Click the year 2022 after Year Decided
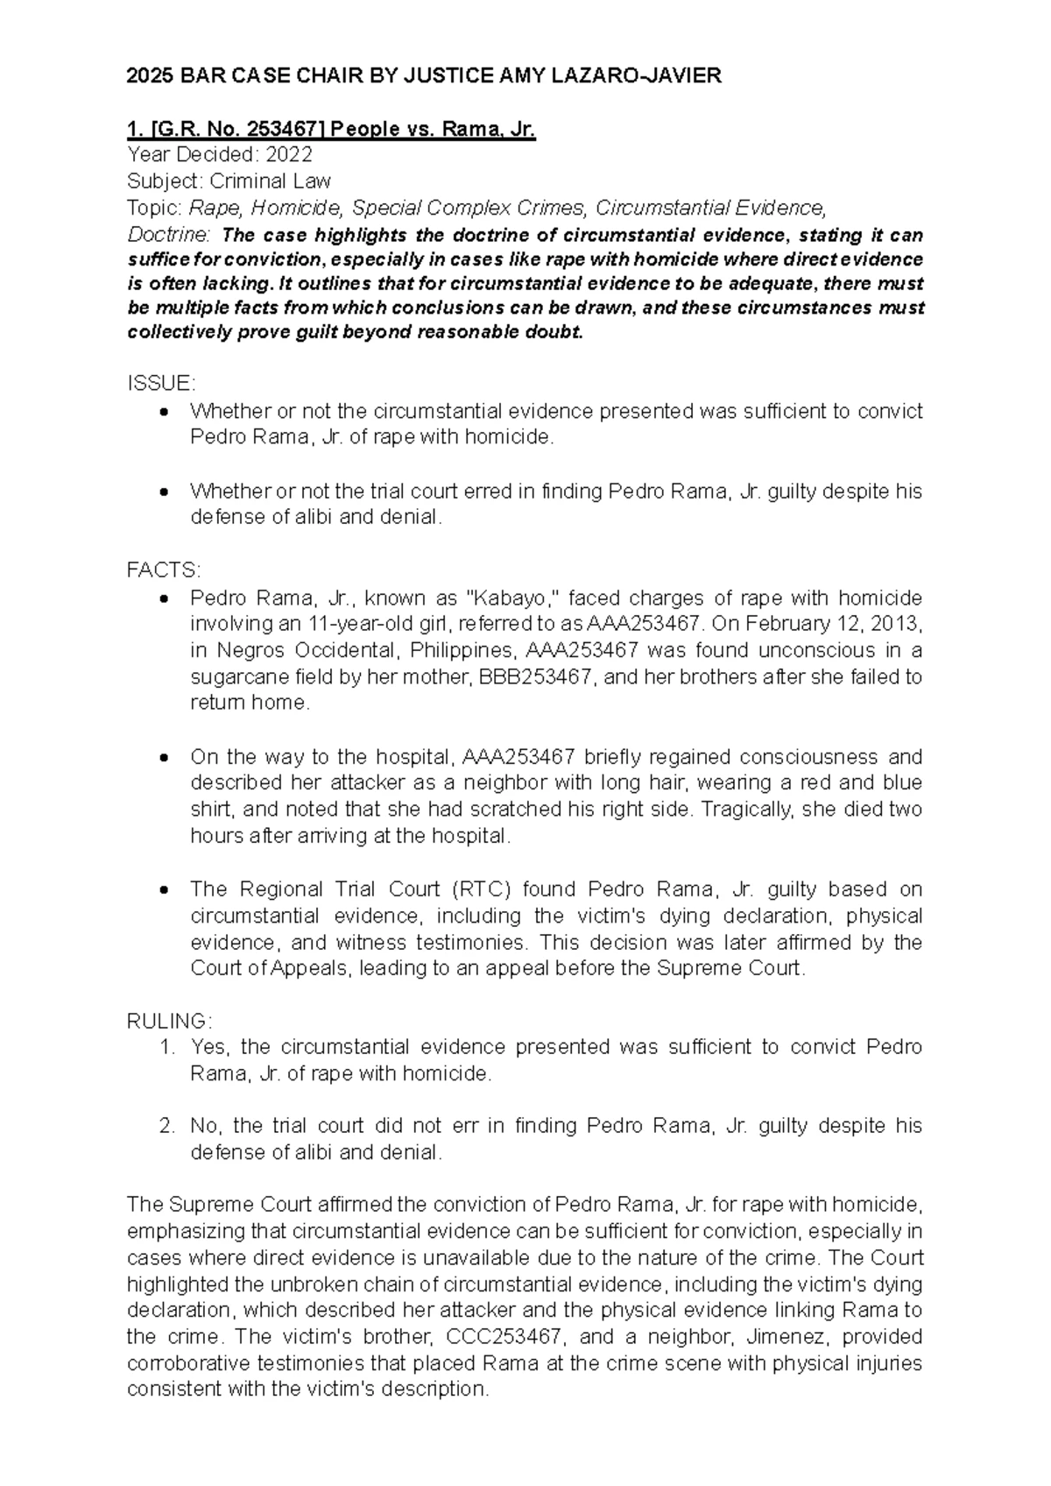pos(289,156)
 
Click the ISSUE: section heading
pos(162,384)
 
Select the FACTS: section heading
pos(164,571)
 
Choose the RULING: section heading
pos(169,1022)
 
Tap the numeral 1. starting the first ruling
pos(168,1048)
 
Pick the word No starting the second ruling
pos(202,1127)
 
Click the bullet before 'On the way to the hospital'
pos(164,757)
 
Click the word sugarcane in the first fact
pos(231,677)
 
